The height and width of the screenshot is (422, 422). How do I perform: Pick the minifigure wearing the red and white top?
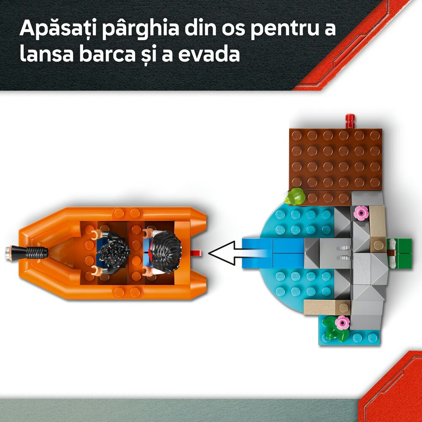pos(162,252)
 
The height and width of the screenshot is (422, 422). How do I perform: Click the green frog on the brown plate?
pos(295,196)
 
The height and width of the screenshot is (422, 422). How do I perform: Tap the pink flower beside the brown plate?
pos(361,213)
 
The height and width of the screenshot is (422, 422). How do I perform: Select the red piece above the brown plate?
pos(349,121)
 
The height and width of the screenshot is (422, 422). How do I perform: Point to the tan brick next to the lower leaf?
pos(323,307)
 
